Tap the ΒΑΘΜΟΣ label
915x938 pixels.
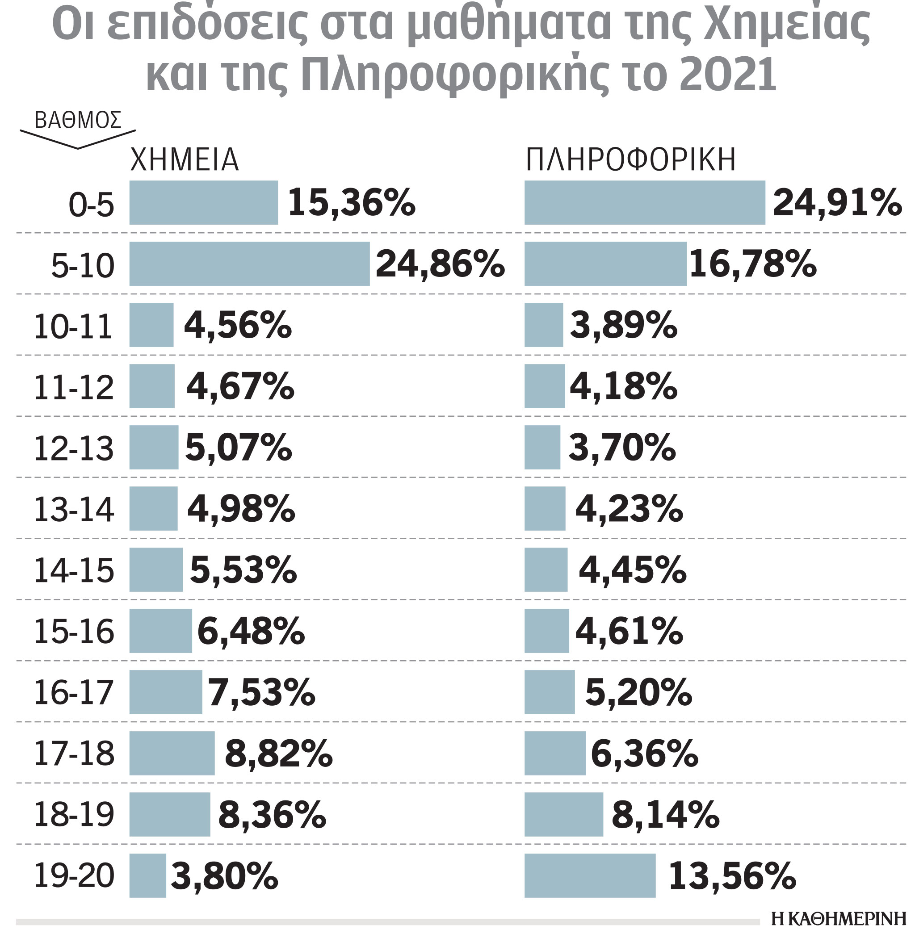78,120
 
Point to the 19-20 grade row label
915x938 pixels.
74,875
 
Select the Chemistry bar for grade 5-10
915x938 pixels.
249,264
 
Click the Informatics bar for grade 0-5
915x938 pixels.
644,202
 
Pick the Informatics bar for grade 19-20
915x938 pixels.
590,875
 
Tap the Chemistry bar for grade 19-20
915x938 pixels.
147,875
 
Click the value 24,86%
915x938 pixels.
440,264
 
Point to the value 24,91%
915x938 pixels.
837,203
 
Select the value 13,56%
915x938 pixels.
732,875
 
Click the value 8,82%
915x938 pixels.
278,754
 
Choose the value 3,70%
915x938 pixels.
622,448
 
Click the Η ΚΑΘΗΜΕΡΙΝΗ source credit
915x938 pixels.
838,919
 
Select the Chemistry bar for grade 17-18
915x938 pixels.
172,753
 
